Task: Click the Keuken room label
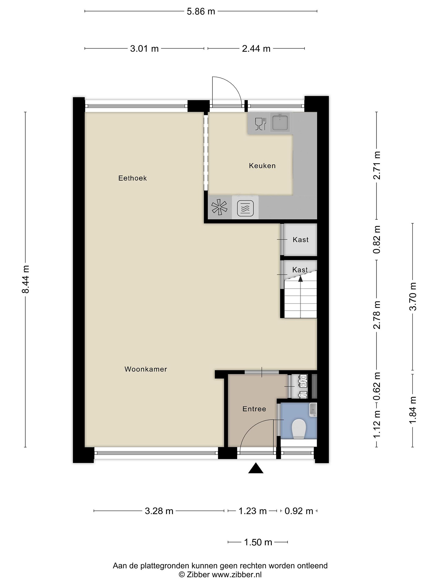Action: click(x=262, y=166)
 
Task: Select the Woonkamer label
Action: click(x=146, y=369)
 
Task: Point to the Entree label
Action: click(x=254, y=409)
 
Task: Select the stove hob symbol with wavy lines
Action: click(x=246, y=208)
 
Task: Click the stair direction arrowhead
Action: click(x=301, y=278)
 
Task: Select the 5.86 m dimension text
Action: click(x=201, y=11)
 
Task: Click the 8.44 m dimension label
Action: click(x=26, y=279)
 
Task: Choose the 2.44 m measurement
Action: click(x=256, y=49)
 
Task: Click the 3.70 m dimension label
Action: click(x=413, y=296)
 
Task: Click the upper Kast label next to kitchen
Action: click(x=301, y=240)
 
